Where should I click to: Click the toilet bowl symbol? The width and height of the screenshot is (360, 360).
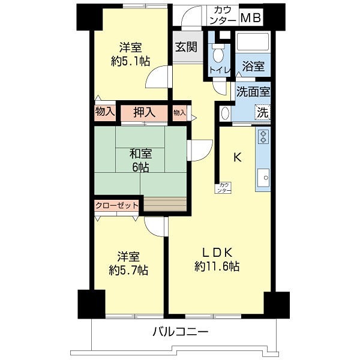tap(218, 53)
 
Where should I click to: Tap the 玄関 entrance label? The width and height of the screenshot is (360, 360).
tap(186, 47)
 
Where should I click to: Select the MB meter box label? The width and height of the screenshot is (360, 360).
tap(251, 18)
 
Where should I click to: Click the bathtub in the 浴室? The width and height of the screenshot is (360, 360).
tap(253, 42)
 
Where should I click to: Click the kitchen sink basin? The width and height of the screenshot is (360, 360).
tap(263, 178)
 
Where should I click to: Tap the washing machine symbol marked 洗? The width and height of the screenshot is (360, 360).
tap(262, 113)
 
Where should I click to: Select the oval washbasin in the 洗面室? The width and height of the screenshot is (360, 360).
tap(224, 113)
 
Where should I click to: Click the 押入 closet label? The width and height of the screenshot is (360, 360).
tap(145, 113)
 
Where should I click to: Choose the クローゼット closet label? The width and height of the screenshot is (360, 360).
tap(116, 205)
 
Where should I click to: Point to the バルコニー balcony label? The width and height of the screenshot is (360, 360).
tap(181, 332)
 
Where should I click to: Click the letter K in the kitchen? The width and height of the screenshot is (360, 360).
tap(238, 157)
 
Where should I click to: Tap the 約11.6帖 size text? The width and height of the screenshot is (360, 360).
tap(217, 266)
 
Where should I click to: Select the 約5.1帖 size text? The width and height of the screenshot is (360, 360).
tap(130, 62)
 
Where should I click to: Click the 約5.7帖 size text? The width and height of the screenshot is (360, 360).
tap(128, 270)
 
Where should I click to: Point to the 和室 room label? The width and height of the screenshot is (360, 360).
tap(140, 154)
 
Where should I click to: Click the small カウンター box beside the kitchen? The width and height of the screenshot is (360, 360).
tap(223, 188)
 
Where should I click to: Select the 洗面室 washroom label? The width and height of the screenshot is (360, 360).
tap(253, 92)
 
